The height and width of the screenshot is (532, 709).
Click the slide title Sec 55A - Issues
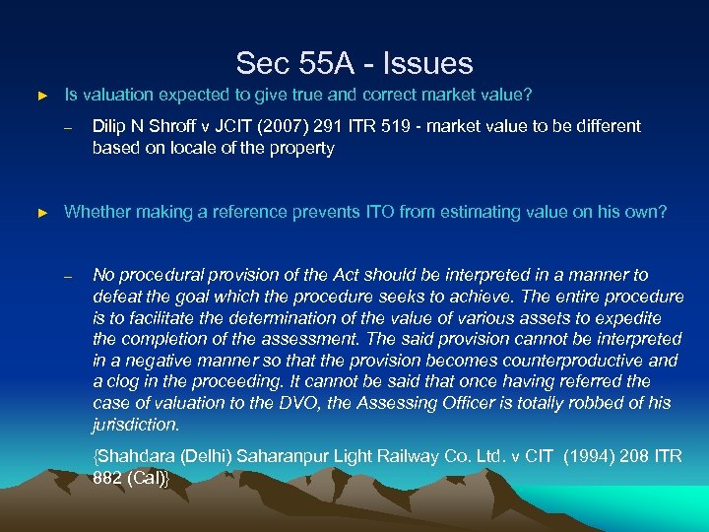coord(354,64)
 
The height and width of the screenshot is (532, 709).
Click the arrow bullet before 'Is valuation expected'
coord(41,97)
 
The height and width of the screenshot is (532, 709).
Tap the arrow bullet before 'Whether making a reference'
coord(41,213)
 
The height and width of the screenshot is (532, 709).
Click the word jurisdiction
coord(136,426)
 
